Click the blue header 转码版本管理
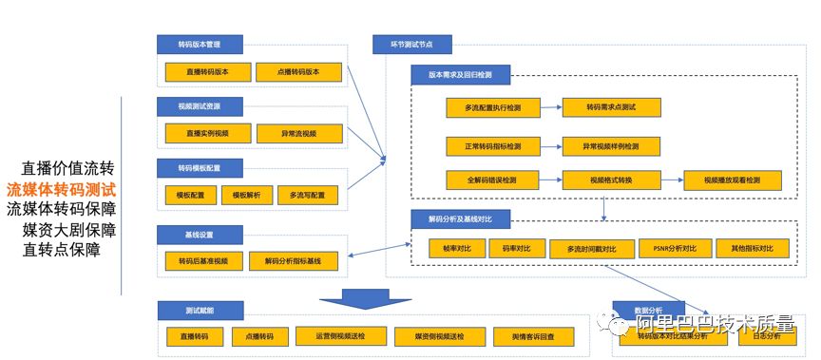[x=200, y=45]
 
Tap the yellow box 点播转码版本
[x=298, y=71]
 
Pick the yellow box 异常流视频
[x=298, y=133]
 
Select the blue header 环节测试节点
[x=412, y=45]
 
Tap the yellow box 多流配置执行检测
[x=492, y=108]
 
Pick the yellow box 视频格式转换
[x=611, y=179]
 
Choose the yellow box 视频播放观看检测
[x=732, y=179]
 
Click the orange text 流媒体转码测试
[x=62, y=189]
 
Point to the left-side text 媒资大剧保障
[x=70, y=230]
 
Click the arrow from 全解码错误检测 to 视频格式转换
[x=550, y=179]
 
